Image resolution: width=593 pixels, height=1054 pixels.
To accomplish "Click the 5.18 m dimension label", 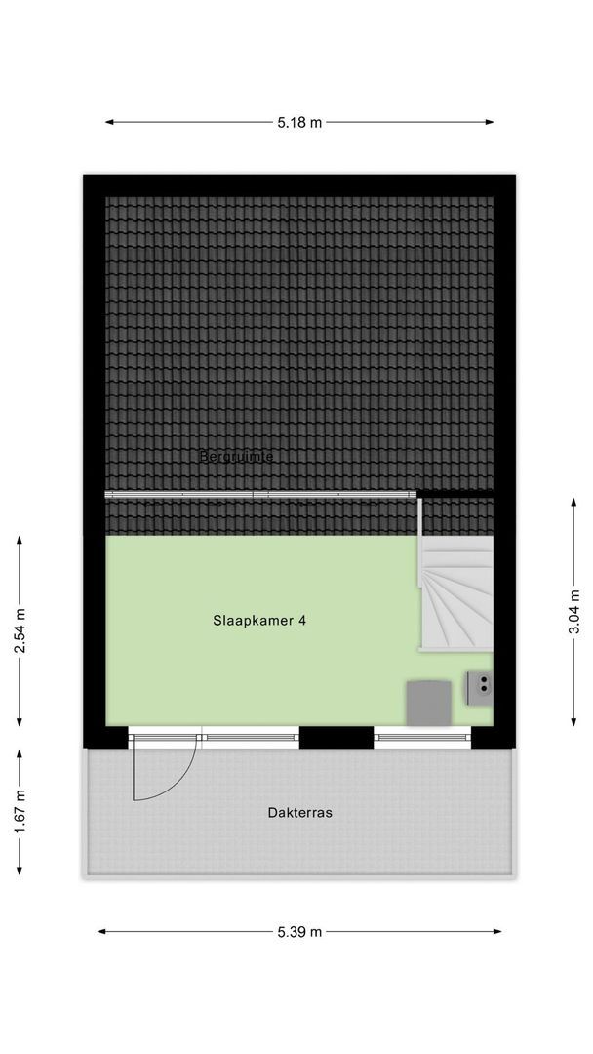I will [x=298, y=123].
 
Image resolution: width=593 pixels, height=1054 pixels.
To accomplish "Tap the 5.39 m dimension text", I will [x=298, y=932].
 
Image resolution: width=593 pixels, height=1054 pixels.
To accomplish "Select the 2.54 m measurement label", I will [x=20, y=632].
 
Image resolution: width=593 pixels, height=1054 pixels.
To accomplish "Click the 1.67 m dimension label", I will [x=20, y=812].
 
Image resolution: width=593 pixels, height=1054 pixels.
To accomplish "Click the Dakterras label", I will [x=298, y=812].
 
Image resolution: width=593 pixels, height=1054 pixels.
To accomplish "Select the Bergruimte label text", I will [x=236, y=456].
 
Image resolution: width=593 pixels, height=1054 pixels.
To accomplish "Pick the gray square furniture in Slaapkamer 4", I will [x=428, y=703].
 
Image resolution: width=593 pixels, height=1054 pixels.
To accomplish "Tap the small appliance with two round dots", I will [x=480, y=686].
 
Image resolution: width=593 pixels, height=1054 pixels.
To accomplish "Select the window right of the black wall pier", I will [x=423, y=737].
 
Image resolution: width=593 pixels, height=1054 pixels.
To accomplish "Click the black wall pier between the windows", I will [x=336, y=737].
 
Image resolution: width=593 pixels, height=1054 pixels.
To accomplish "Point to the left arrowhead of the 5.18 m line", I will [x=109, y=123].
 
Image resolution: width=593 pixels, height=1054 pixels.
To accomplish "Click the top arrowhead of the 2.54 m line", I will [x=20, y=540].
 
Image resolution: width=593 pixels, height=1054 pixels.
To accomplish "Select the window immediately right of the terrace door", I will [x=252, y=737].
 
